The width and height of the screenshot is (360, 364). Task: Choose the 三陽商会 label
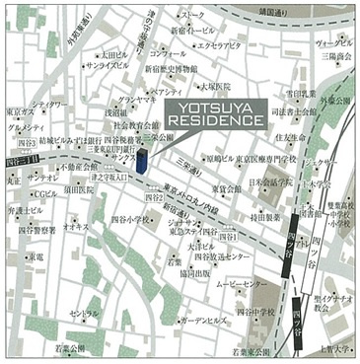click(335, 57)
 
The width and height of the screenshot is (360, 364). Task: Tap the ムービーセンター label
click(262, 282)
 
